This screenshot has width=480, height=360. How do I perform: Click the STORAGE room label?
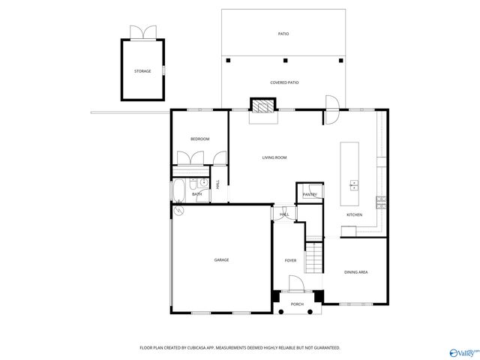tap(142, 71)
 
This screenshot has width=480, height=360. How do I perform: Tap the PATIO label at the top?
tap(283, 34)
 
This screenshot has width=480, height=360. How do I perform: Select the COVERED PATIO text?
tap(284, 82)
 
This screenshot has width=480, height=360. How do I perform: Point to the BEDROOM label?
tap(199, 139)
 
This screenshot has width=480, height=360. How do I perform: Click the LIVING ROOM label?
tap(274, 157)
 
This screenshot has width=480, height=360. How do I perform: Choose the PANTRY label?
tap(310, 195)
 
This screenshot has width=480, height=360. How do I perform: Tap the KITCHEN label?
tap(354, 215)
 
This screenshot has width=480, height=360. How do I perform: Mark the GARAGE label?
tap(221, 259)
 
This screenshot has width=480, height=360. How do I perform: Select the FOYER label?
tap(290, 259)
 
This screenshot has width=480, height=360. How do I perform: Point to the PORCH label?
tap(297, 304)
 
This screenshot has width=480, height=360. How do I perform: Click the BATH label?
tap(196, 194)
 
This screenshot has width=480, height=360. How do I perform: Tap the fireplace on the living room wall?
tap(263, 107)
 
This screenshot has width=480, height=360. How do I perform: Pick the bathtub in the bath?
tap(180, 191)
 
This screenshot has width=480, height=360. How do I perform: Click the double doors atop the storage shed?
tap(142, 32)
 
